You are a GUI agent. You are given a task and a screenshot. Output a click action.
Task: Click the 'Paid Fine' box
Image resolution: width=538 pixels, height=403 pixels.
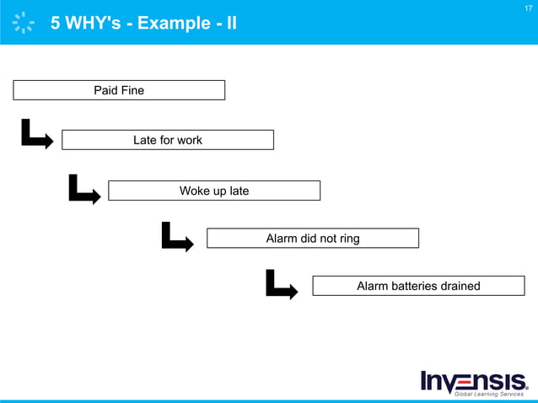tap(119, 90)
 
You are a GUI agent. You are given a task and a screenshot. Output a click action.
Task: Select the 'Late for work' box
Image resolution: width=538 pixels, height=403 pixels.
tap(168, 140)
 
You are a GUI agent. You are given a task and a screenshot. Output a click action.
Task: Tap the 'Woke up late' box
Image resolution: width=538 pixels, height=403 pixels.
tap(214, 191)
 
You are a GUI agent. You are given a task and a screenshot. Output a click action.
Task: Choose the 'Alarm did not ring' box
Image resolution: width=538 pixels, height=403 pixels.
tap(312, 239)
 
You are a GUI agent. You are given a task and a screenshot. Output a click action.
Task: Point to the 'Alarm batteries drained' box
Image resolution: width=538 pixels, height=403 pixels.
tap(418, 286)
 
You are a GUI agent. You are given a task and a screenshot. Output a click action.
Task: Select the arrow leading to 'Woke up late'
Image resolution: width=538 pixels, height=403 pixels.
tap(84, 190)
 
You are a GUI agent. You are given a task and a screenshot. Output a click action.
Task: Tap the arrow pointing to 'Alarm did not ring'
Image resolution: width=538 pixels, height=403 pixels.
tap(177, 238)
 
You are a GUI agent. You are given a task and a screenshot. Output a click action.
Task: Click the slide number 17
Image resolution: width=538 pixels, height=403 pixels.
tap(528, 8)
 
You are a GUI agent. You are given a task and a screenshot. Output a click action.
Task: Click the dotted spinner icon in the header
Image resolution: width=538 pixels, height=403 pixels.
tap(24, 23)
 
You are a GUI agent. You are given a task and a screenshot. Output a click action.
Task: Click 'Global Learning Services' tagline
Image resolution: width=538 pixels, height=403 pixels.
tap(489, 394)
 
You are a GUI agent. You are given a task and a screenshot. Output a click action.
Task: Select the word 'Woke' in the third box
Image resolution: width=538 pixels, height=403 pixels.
tap(194, 191)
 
